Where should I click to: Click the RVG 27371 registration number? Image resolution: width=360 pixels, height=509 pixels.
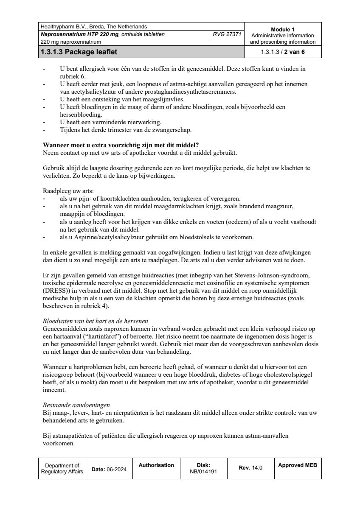coord(227,34)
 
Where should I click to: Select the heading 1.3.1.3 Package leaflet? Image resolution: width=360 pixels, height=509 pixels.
coord(79,52)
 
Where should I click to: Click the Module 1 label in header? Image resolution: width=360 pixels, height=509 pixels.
coord(283,29)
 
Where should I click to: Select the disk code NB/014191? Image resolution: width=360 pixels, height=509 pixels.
coord(204,471)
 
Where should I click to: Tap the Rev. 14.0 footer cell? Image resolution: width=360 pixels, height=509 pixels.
coord(250,468)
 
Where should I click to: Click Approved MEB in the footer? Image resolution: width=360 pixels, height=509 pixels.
coord(298,465)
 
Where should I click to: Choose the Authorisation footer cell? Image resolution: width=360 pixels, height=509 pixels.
coord(156,465)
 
